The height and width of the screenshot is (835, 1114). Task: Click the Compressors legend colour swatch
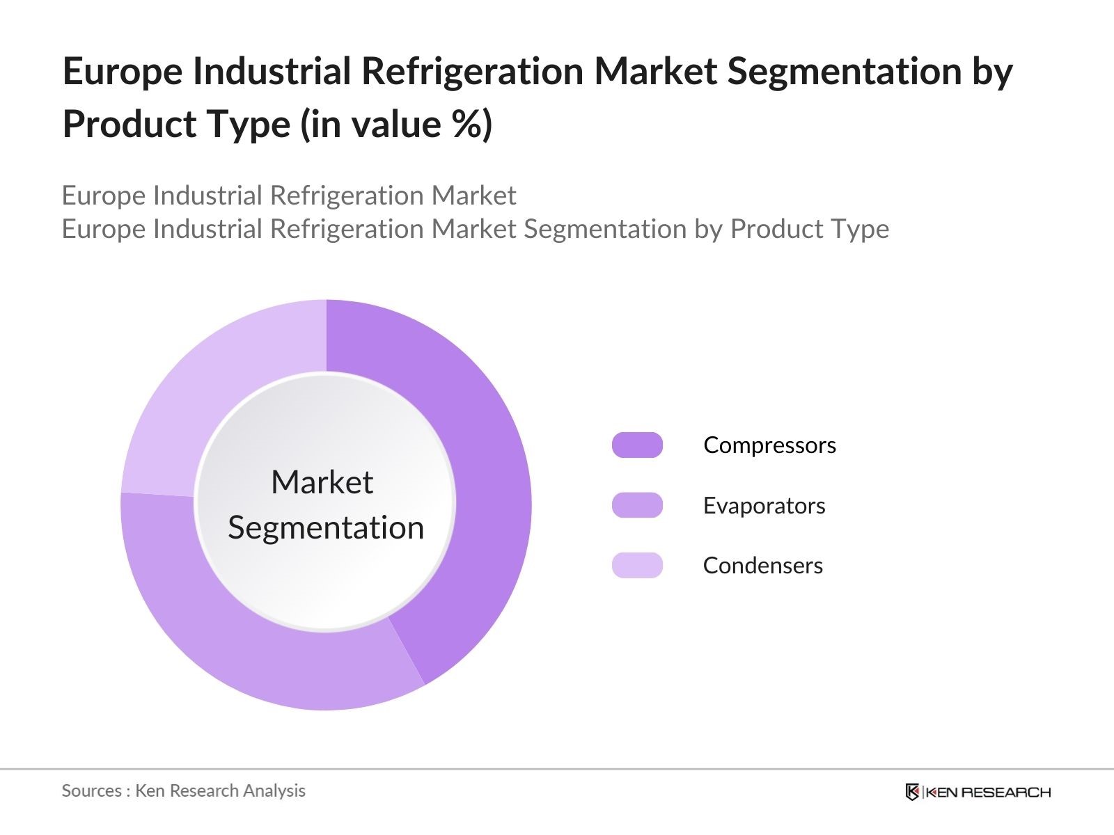pos(637,445)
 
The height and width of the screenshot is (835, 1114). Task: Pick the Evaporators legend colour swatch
pos(637,505)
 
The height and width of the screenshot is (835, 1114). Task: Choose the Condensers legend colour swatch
pos(637,565)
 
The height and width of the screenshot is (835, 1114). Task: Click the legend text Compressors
pos(769,445)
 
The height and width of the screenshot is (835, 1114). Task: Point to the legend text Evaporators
pos(764,506)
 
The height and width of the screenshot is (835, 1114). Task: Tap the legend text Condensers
pos(762,566)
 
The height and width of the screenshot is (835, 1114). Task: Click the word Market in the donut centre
pos(322,482)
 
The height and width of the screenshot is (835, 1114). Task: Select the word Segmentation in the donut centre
pos(326,527)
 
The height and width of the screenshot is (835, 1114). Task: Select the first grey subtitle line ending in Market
pos(289,196)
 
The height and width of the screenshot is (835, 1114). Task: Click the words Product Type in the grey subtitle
pos(809,229)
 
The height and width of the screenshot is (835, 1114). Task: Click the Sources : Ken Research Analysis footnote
pos(184,790)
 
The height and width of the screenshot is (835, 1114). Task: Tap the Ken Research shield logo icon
pos(912,792)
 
